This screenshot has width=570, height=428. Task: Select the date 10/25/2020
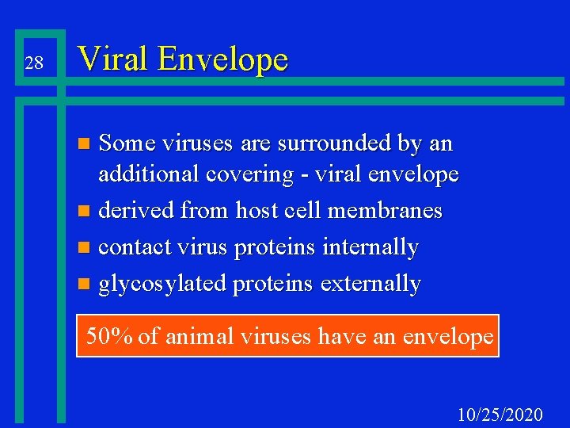(x=500, y=415)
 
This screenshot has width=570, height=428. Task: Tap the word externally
(x=371, y=284)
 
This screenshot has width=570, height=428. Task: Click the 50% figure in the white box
(x=109, y=336)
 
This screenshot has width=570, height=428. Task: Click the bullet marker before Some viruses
(x=86, y=145)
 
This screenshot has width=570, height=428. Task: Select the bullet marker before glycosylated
(x=86, y=285)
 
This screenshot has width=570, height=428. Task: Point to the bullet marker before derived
(x=86, y=212)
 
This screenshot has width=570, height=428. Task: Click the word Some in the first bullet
(x=127, y=143)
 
